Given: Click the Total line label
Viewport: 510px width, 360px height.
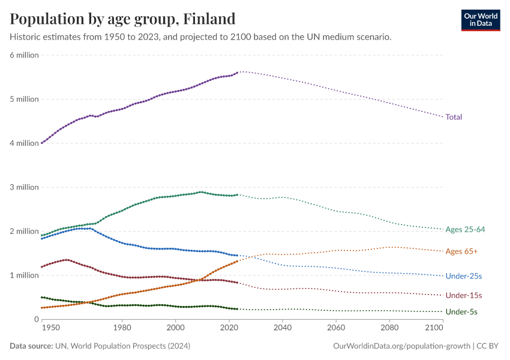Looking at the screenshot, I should pyautogui.click(x=454, y=117).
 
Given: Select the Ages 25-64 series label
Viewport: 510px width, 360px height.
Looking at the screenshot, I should pyautogui.click(x=464, y=229).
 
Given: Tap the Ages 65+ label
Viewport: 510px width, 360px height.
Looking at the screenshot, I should pyautogui.click(x=462, y=251).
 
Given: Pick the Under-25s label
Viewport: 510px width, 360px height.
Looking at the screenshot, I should pyautogui.click(x=464, y=276).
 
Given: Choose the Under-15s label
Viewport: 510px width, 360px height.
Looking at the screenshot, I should pyautogui.click(x=464, y=295).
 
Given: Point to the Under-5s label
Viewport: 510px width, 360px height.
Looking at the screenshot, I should pyautogui.click(x=462, y=312).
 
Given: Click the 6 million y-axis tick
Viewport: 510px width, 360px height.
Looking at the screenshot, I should pyautogui.click(x=24, y=55).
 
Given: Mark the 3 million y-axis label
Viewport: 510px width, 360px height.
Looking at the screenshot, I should pyautogui.click(x=24, y=187).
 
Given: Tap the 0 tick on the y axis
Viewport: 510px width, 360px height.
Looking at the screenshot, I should pyautogui.click(x=35, y=319).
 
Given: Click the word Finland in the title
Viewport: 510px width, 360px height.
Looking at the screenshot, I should pyautogui.click(x=209, y=19).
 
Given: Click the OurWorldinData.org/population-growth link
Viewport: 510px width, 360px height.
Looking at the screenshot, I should pyautogui.click(x=401, y=346).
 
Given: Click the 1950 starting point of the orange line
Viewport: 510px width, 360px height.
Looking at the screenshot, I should pyautogui.click(x=41, y=308).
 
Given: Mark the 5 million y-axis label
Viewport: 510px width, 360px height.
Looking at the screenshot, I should pyautogui.click(x=24, y=99).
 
